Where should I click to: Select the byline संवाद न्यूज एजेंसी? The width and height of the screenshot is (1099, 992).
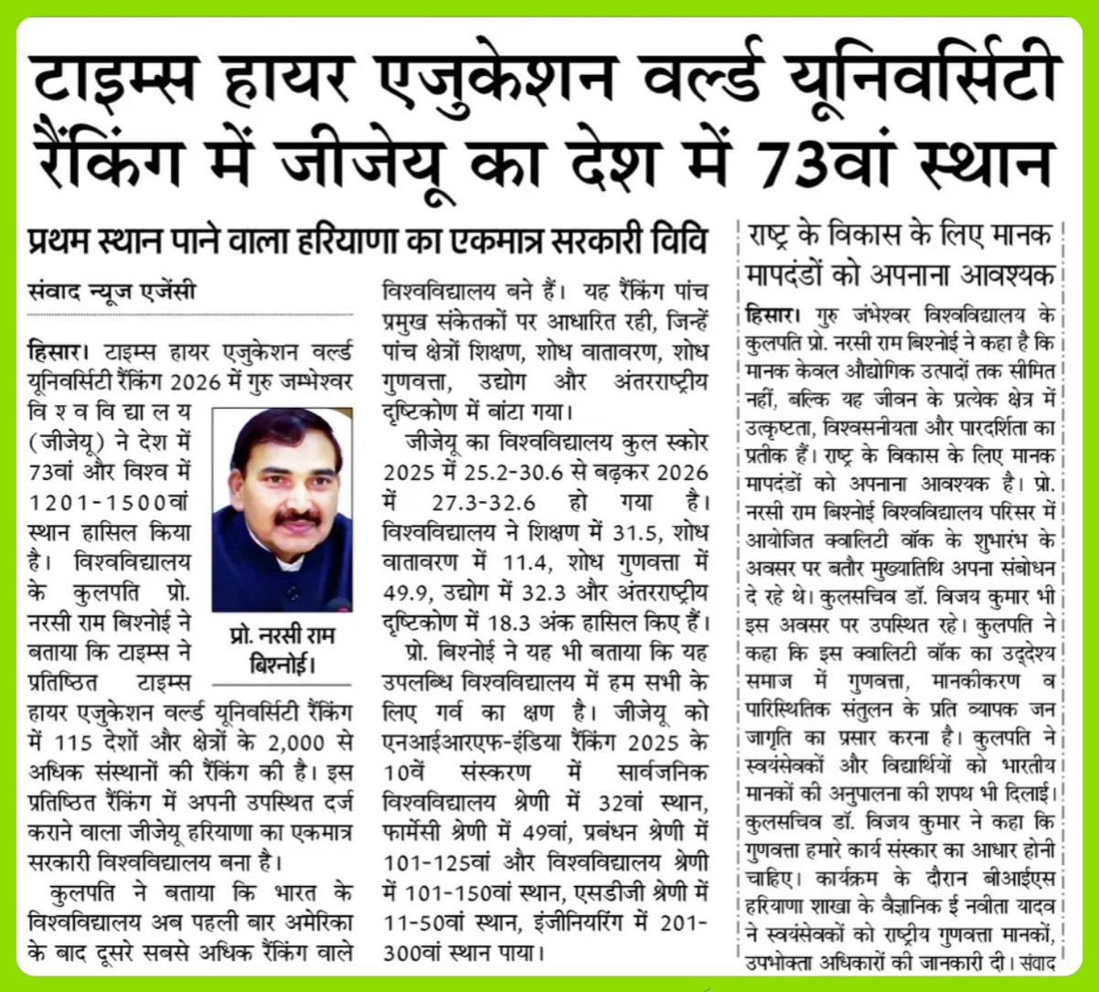click(x=112, y=293)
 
